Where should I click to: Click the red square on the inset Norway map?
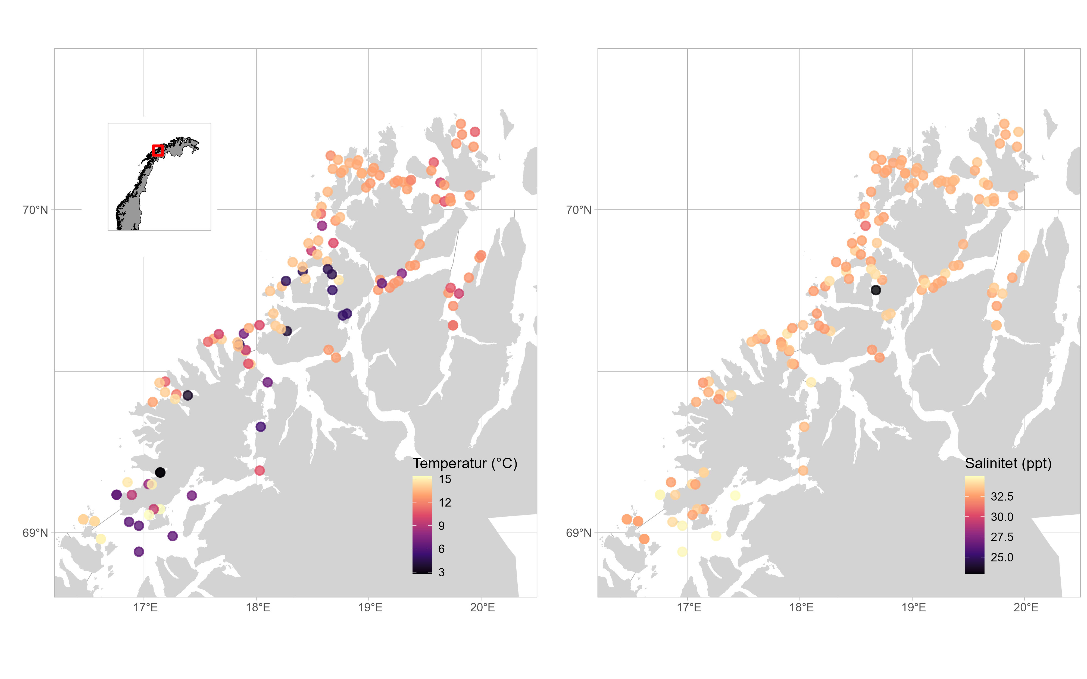pyautogui.click(x=157, y=150)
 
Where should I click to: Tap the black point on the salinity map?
pyautogui.click(x=875, y=290)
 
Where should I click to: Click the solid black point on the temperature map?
pyautogui.click(x=160, y=472)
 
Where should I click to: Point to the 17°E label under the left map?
pyautogui.click(x=145, y=608)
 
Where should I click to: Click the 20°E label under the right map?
pyautogui.click(x=1026, y=608)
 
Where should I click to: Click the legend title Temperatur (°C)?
pyautogui.click(x=465, y=463)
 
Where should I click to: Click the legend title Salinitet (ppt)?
pyautogui.click(x=1008, y=463)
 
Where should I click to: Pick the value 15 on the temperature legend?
pyautogui.click(x=445, y=479)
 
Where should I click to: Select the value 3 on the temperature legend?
pyautogui.click(x=442, y=572)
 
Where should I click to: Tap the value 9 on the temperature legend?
pyautogui.click(x=442, y=526)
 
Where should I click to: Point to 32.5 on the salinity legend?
pyautogui.click(x=1002, y=496)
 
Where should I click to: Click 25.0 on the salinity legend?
pyautogui.click(x=1002, y=557)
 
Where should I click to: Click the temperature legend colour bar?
pyautogui.click(x=422, y=524)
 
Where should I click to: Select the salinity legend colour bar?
pyautogui.click(x=974, y=524)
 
